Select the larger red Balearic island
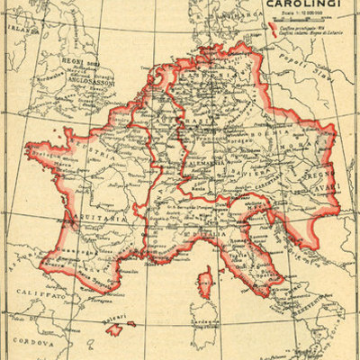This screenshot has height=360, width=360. pos(114,329)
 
